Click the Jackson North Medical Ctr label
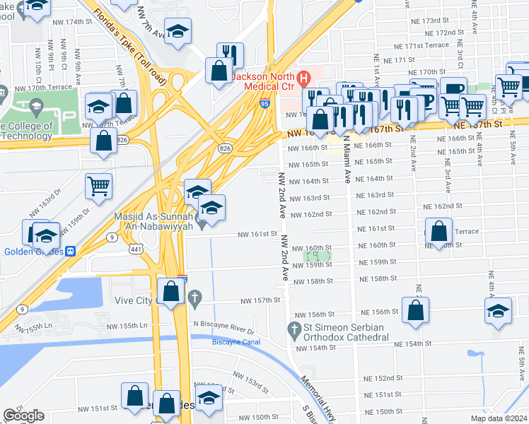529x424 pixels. tap(264, 82)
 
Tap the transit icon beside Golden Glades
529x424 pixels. tap(71, 251)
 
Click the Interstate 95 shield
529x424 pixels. tap(264, 104)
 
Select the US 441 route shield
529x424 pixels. tap(136, 248)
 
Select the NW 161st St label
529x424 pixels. tap(255, 234)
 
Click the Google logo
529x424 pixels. tap(24, 416)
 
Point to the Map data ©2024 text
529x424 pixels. tap(499, 418)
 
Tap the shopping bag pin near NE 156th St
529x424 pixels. tap(415, 310)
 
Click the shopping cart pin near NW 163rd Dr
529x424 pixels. tap(98, 187)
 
